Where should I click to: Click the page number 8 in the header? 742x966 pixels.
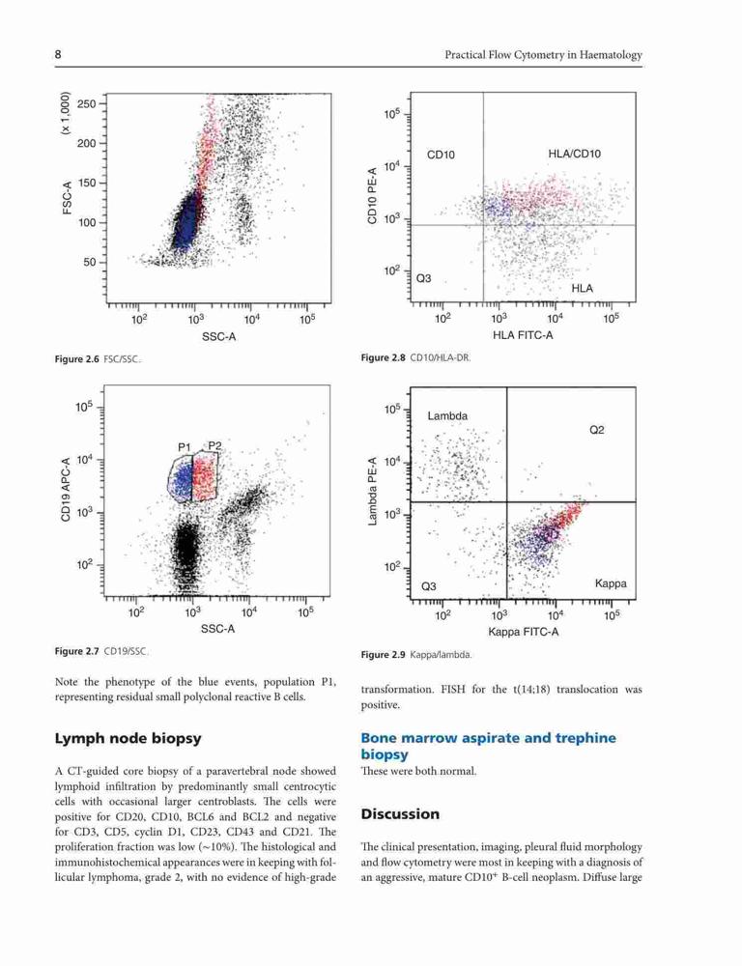click(58, 55)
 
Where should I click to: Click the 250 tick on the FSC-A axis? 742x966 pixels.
click(87, 103)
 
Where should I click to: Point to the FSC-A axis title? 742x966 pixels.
click(67, 197)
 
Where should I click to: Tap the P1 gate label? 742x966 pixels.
click(185, 447)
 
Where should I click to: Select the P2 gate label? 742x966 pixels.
click(214, 445)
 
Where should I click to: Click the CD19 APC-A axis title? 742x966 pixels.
click(66, 487)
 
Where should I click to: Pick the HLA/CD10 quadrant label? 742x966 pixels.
click(574, 154)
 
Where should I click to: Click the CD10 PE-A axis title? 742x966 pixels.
click(372, 196)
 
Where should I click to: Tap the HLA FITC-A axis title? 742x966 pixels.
click(523, 335)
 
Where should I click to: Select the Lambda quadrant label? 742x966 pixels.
click(447, 415)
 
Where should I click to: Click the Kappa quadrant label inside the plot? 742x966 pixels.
click(611, 583)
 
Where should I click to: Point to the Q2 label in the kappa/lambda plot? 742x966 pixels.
click(596, 430)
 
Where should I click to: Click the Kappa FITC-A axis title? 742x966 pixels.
click(524, 632)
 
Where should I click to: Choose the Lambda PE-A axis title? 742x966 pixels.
click(372, 491)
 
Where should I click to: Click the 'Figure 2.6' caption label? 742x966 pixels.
click(77, 359)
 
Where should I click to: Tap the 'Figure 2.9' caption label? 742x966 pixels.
click(384, 655)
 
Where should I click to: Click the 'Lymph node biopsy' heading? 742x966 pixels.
click(128, 739)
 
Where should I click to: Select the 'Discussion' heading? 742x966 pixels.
click(401, 813)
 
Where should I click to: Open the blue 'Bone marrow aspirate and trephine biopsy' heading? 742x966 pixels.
click(489, 746)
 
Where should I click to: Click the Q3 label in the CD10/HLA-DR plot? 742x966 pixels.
click(424, 278)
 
